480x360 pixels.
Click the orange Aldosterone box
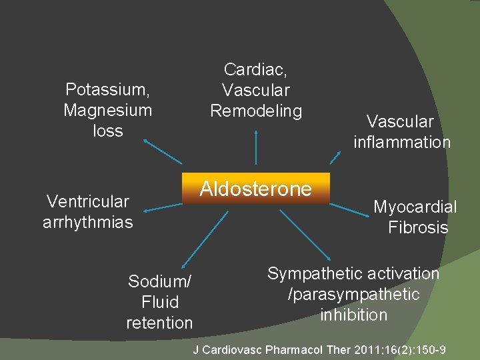coord(256,190)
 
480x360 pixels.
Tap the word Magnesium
coord(108,110)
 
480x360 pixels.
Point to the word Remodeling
coord(256,111)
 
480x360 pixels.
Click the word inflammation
coord(402,142)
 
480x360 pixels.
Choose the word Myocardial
coord(415,207)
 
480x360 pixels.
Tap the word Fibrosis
coord(418,227)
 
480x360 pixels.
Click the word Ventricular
coord(87,201)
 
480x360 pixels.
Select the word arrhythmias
coord(88,222)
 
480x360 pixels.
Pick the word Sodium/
coord(159,282)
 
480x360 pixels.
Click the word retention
coord(159,323)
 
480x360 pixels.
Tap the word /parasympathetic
coord(353,294)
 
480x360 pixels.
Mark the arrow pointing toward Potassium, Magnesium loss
coord(162,151)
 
